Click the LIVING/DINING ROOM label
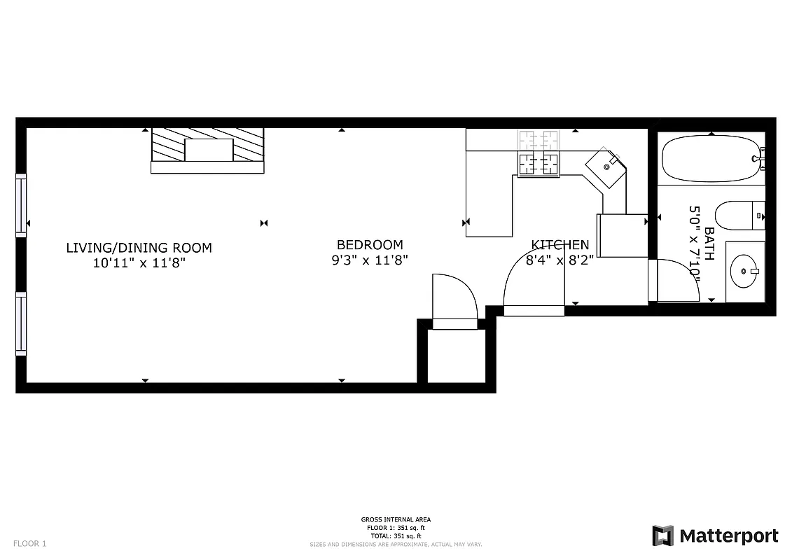click(x=139, y=248)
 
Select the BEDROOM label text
click(x=370, y=245)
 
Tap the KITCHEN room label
click(x=560, y=245)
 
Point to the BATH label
click(x=709, y=244)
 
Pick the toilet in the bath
click(x=738, y=215)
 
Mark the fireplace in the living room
click(x=208, y=150)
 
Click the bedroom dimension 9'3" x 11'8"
click(x=370, y=260)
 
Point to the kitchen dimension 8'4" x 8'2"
click(x=560, y=260)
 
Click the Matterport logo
click(x=715, y=536)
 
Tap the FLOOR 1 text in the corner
click(x=30, y=543)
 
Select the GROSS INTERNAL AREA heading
click(x=396, y=519)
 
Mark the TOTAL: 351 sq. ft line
click(x=396, y=535)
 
